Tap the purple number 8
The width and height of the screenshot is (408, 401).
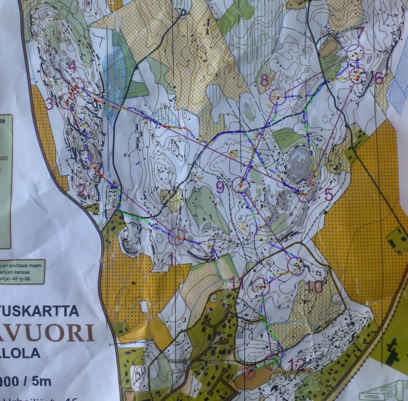coord(264,81)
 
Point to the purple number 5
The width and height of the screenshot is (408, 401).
coord(328,195)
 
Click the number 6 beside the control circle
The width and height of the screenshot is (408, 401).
coord(378,78)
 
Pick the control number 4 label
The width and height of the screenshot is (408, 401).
coord(72,67)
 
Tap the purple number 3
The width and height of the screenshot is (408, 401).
coord(50,104)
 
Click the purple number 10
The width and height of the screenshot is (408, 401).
coord(314,287)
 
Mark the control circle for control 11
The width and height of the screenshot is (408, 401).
coord(261,286)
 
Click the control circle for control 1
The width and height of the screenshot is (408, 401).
coord(177,236)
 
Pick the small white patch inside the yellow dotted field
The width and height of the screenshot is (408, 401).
coord(144,307)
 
